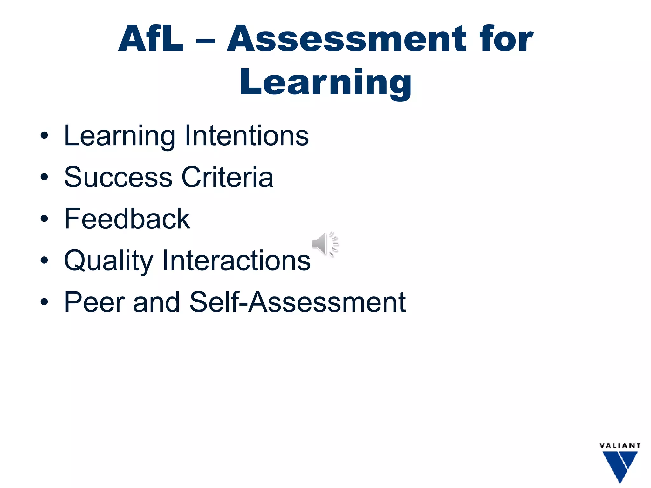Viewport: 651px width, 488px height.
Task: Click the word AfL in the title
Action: click(x=151, y=39)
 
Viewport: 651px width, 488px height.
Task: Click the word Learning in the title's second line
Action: click(x=325, y=83)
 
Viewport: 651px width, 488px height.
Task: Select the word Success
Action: click(x=118, y=177)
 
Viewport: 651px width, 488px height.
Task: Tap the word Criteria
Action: click(x=227, y=177)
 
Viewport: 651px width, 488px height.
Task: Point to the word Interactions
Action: click(x=236, y=261)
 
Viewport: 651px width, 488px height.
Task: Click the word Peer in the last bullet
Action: click(x=94, y=302)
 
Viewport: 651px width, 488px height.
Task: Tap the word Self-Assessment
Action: click(x=298, y=302)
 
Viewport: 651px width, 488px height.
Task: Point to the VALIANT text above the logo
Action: click(x=620, y=446)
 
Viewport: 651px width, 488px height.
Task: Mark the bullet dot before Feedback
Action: click(x=44, y=219)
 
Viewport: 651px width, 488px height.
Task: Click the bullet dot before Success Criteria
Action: click(x=44, y=177)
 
